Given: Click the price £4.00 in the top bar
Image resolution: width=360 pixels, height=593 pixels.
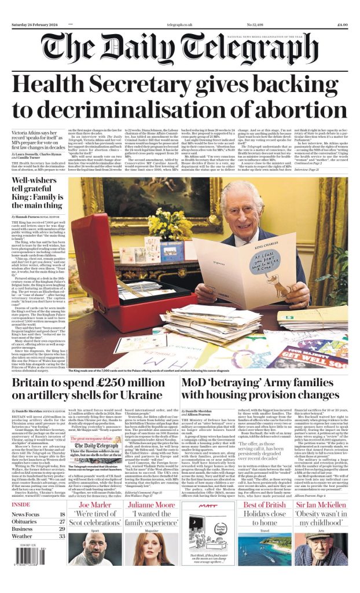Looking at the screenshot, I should pyautogui.click(x=341, y=25).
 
